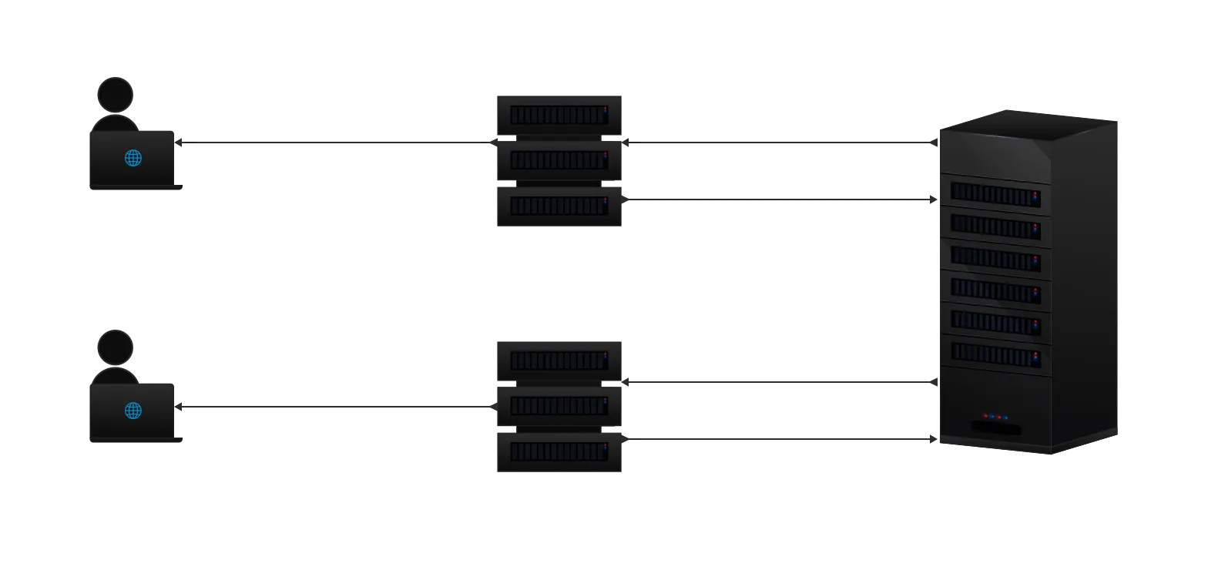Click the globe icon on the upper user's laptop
133,158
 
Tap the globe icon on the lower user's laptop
133,411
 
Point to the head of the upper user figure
116,95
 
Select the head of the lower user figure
116,347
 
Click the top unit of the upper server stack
558,115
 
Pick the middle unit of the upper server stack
558,160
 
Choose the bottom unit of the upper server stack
558,206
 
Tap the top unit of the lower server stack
558,361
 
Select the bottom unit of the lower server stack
558,451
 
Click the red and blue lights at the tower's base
995,417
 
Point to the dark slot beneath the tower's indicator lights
996,428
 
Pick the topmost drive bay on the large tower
995,194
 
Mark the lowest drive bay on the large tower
995,354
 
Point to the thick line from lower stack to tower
778,382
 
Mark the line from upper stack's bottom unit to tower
778,200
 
